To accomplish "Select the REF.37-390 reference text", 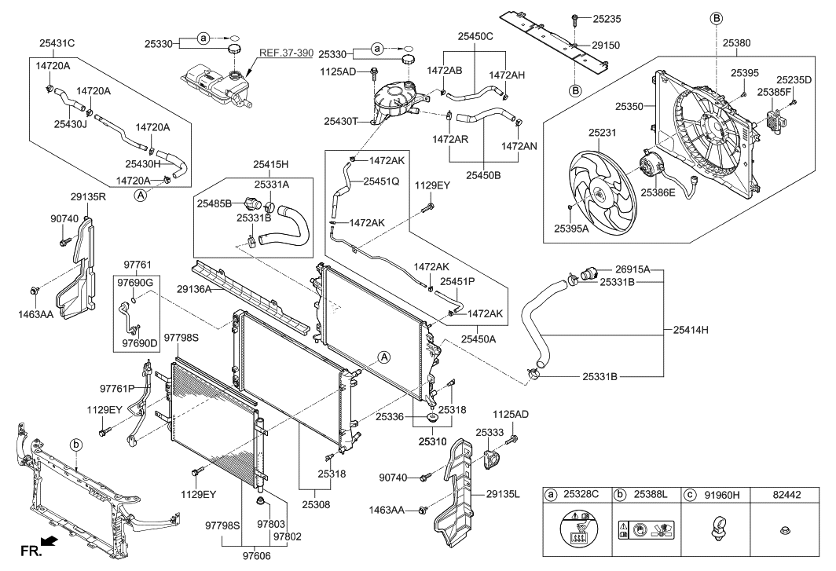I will pos(286,53).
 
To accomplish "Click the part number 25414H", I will pos(691,330).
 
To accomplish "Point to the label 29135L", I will pos(504,494).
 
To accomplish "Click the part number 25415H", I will pos(272,165).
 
